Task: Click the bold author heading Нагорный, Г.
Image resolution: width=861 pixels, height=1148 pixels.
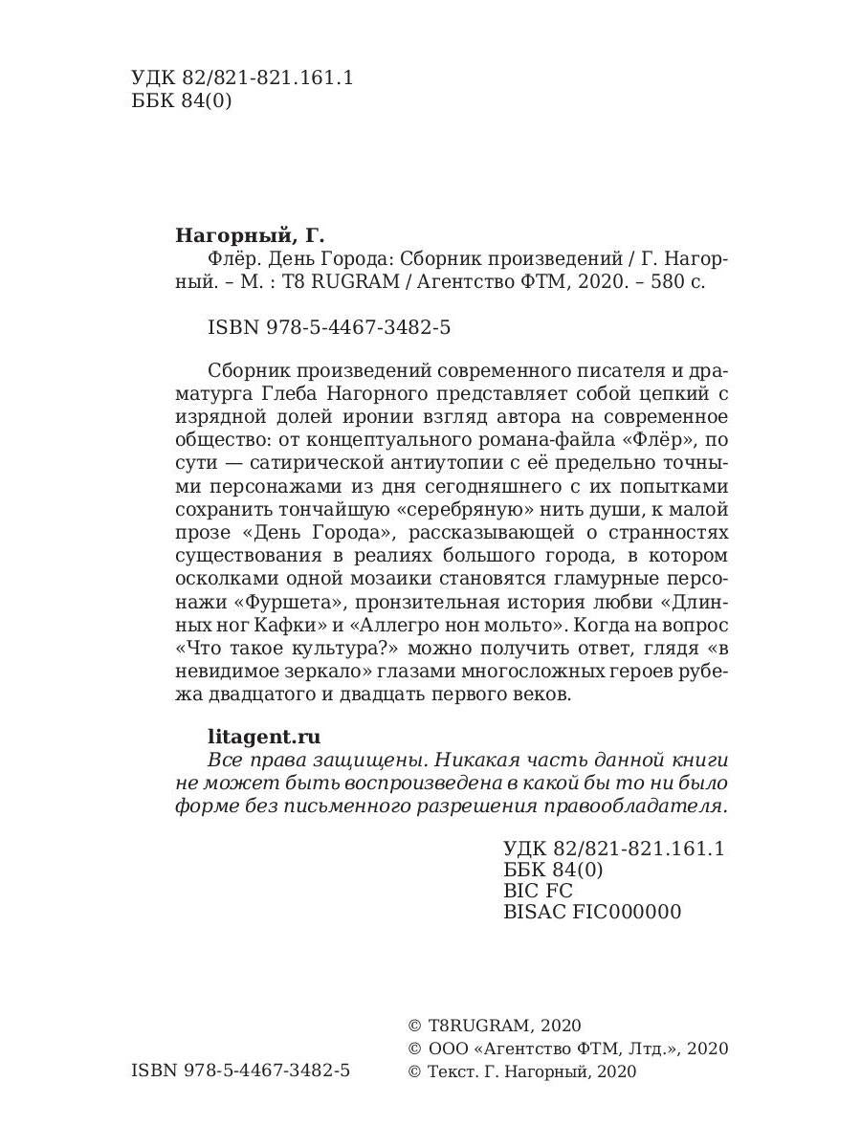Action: [251, 234]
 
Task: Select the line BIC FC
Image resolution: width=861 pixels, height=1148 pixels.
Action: [537, 891]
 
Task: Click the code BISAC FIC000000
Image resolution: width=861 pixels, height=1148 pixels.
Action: [591, 912]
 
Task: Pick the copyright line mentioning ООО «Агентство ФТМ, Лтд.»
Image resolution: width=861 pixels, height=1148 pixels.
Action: [567, 1049]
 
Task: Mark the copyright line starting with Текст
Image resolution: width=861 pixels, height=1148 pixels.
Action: [521, 1071]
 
